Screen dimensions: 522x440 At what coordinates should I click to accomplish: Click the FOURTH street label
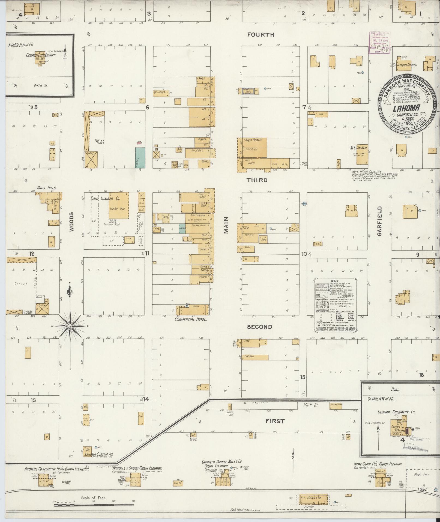point(261,35)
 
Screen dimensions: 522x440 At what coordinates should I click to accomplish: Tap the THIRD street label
point(257,180)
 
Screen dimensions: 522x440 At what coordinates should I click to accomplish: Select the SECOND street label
point(259,327)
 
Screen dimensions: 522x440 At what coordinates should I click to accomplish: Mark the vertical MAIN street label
point(226,225)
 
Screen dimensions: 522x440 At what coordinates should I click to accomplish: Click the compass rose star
point(70,326)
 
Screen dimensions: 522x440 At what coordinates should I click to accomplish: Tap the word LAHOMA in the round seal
point(402,108)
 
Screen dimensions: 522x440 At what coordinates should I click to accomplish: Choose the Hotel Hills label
point(47,188)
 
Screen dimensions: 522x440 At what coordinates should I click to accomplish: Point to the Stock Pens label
point(421,474)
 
